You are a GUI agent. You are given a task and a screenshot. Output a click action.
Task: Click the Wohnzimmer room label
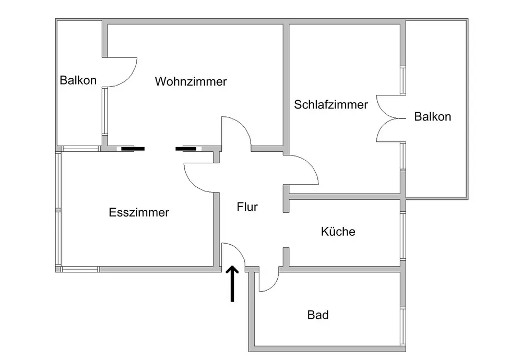[191, 82]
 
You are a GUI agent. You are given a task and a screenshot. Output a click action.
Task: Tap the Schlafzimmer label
[331, 104]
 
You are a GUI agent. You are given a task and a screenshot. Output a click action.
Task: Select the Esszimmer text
[139, 213]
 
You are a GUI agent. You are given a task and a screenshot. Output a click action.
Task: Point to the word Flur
[247, 207]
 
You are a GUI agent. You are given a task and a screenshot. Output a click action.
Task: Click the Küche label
[338, 231]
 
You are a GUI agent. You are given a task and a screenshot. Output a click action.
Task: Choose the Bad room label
[318, 315]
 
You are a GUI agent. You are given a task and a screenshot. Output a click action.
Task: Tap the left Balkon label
[78, 80]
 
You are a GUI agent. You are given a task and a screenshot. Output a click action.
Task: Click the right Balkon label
[432, 116]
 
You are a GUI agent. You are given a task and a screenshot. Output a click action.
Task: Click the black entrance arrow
[232, 284]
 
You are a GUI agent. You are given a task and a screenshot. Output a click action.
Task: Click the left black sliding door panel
[133, 149]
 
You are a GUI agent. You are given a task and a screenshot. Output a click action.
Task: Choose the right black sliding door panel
[186, 149]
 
